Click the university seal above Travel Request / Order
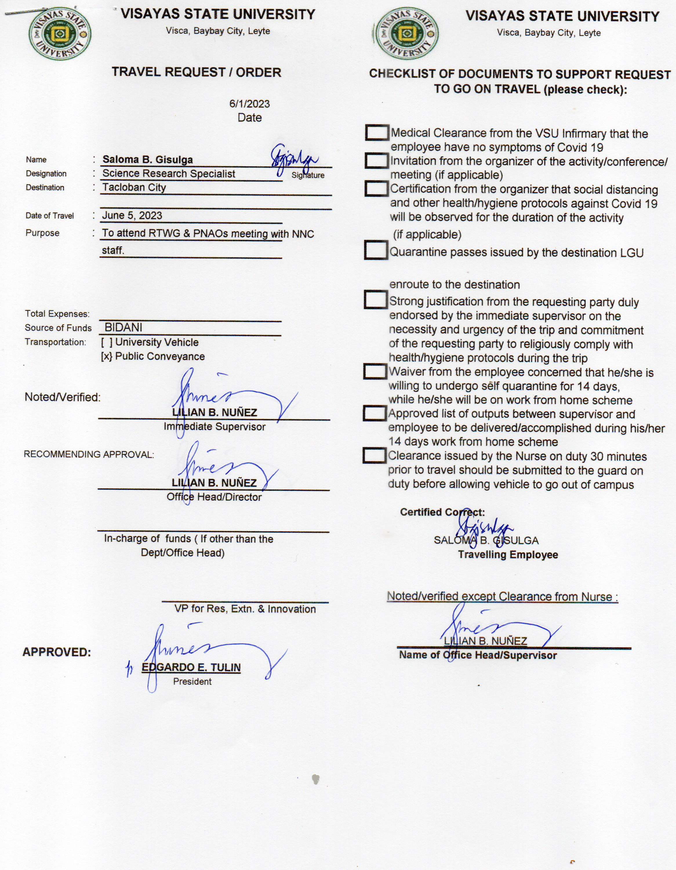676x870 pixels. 60,34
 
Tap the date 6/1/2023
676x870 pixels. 250,104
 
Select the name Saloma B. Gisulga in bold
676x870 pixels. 148,160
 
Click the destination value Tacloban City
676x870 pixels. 134,187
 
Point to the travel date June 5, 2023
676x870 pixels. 132,215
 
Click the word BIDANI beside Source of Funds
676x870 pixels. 123,327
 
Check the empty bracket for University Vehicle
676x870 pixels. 107,342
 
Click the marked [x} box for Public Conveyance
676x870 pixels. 107,356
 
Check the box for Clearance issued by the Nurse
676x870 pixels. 374,456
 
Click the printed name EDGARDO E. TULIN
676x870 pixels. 191,667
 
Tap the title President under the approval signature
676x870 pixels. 192,681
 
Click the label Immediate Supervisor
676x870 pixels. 215,427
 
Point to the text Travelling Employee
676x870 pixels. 508,554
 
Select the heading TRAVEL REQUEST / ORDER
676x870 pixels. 196,72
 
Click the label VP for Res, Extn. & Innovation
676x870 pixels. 245,609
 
